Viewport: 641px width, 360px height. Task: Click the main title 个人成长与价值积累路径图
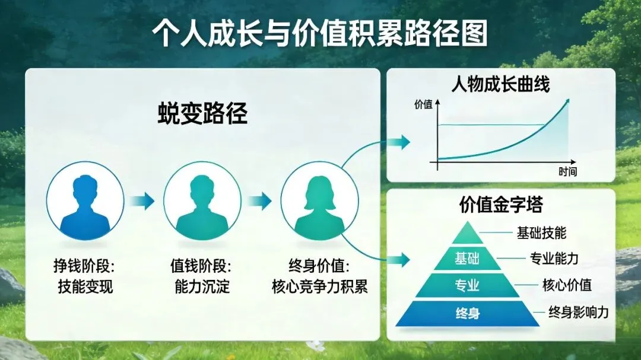point(320,33)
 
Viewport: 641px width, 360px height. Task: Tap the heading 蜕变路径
point(203,113)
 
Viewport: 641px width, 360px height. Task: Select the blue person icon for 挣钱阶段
point(85,201)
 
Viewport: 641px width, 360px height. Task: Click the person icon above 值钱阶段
point(202,201)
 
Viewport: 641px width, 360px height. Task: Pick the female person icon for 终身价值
point(320,201)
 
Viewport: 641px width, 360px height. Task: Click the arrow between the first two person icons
point(142,201)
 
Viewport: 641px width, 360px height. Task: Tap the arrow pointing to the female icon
point(259,201)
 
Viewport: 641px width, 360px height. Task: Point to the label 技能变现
point(85,286)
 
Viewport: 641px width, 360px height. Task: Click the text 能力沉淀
point(202,286)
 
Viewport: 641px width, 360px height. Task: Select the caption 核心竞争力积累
point(320,286)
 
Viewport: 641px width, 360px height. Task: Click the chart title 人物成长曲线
point(501,85)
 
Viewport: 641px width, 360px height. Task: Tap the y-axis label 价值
point(423,104)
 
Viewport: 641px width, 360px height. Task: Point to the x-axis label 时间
point(567,171)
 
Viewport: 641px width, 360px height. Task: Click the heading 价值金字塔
point(501,204)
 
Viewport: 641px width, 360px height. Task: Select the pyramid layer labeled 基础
point(467,258)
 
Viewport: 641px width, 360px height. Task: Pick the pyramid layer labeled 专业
point(467,285)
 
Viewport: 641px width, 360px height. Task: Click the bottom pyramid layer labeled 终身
point(467,313)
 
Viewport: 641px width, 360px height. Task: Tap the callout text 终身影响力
point(579,312)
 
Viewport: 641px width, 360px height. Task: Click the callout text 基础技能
point(542,233)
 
